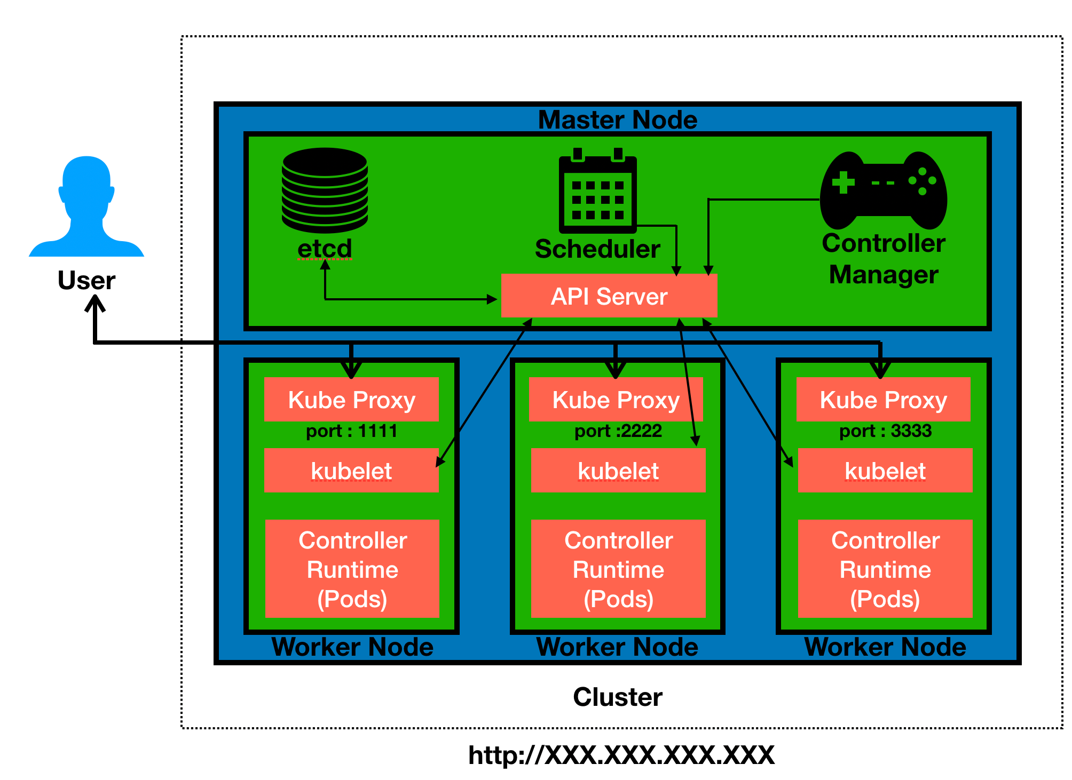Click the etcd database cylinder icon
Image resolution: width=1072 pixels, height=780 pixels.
pyautogui.click(x=325, y=190)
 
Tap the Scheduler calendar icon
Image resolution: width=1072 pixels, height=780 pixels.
pyautogui.click(x=597, y=193)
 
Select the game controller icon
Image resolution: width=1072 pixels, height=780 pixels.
pyautogui.click(x=884, y=190)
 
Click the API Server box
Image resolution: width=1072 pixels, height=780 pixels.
pyautogui.click(x=609, y=296)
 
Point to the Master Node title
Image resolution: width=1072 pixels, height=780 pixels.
pyautogui.click(x=618, y=120)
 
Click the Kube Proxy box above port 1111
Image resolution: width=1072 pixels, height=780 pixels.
pyautogui.click(x=351, y=400)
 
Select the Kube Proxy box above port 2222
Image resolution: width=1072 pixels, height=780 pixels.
pyautogui.click(x=616, y=400)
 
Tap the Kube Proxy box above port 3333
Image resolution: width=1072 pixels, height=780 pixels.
pyautogui.click(x=883, y=400)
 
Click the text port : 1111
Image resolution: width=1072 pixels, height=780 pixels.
pyautogui.click(x=351, y=431)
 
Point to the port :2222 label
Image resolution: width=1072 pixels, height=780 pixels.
pyautogui.click(x=618, y=431)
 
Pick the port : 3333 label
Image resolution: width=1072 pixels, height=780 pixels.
pyautogui.click(x=885, y=431)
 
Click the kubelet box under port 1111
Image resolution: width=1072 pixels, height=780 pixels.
pyautogui.click(x=351, y=471)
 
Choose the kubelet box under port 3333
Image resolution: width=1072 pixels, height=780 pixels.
pyautogui.click(x=885, y=471)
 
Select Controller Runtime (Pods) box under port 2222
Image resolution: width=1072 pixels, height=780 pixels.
pyautogui.click(x=618, y=569)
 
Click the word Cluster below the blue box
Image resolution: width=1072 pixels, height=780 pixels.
pyautogui.click(x=618, y=697)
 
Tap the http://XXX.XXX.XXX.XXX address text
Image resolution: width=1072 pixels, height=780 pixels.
pyautogui.click(x=621, y=755)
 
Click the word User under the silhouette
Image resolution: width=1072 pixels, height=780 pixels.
pyautogui.click(x=86, y=280)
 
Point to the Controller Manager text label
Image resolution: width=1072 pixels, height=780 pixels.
pyautogui.click(x=884, y=259)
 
